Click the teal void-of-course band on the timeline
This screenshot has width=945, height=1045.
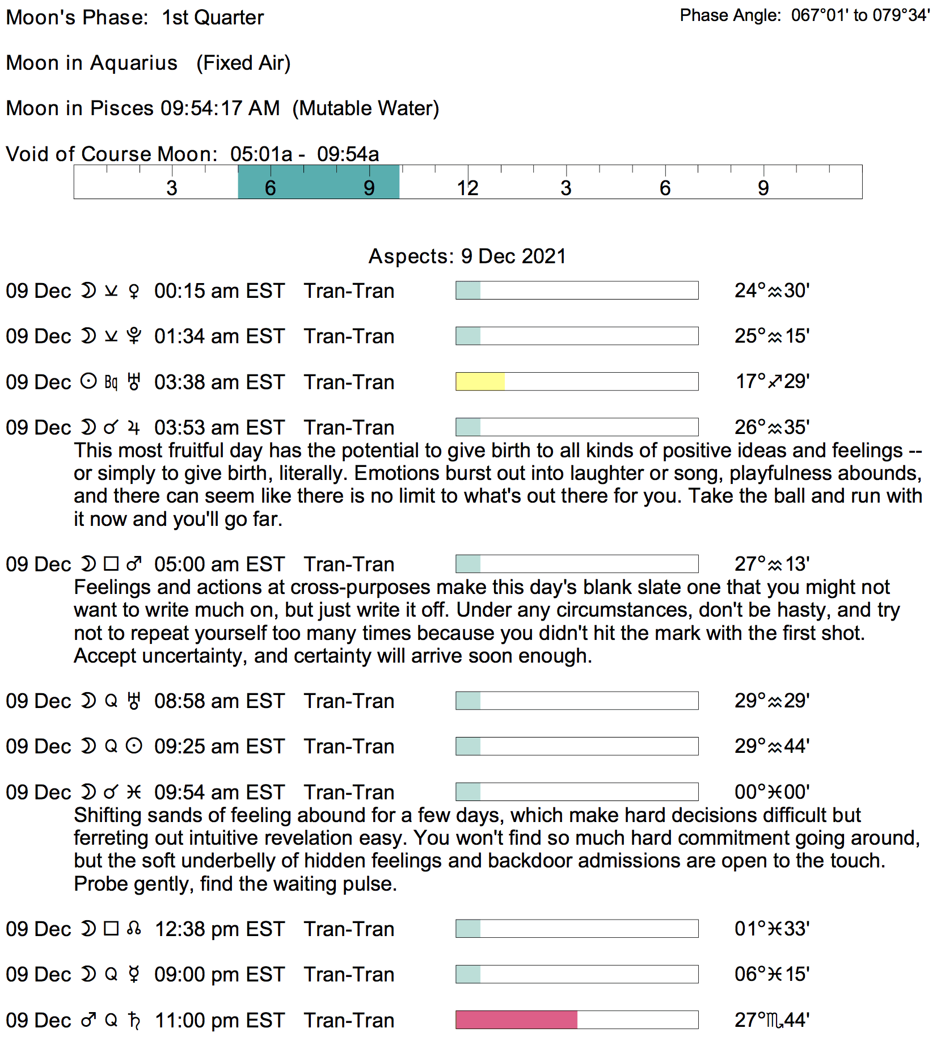coord(318,182)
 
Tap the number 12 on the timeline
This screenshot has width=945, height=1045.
coord(467,188)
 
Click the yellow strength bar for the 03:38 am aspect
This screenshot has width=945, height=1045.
coord(480,382)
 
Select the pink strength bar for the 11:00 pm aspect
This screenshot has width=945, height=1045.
coord(516,1020)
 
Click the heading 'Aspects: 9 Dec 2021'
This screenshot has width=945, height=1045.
coord(467,256)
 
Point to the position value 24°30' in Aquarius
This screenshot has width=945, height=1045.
coord(771,291)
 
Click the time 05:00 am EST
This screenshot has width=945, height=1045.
coord(219,564)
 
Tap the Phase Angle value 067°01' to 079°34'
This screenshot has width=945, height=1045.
coord(860,15)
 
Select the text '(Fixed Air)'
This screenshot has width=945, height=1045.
coord(243,63)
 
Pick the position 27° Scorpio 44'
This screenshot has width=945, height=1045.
coord(771,1020)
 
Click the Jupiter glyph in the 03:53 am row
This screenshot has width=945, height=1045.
coord(134,427)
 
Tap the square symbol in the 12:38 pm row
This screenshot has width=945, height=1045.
coord(111,929)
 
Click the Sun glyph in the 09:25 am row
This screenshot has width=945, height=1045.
coord(134,746)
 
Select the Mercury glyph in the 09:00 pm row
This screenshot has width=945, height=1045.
coord(134,974)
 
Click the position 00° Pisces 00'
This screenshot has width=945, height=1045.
coord(771,792)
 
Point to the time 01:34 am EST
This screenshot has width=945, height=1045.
coord(219,336)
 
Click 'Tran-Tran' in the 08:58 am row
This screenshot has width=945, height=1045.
coord(349,701)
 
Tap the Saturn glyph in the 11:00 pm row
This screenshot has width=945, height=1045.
coord(134,1020)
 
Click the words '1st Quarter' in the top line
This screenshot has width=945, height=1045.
coord(213,18)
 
